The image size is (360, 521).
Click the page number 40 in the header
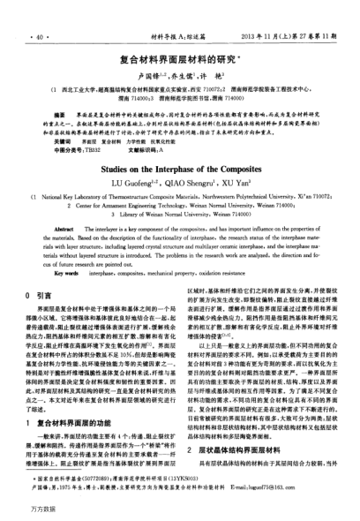tap(40, 14)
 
